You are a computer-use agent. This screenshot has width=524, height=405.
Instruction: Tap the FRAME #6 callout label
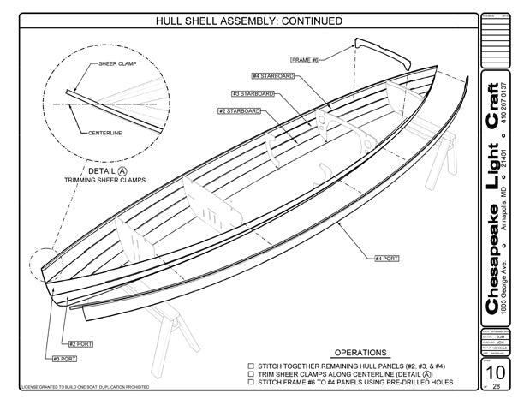(x=305, y=60)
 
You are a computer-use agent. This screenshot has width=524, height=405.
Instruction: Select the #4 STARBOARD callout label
(x=273, y=76)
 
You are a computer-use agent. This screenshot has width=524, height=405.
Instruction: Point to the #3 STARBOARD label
(x=253, y=93)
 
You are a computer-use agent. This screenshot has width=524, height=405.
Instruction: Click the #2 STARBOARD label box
(x=239, y=111)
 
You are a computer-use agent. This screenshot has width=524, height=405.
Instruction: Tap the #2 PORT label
(x=80, y=343)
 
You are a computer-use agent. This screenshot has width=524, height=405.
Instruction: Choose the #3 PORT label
(x=66, y=359)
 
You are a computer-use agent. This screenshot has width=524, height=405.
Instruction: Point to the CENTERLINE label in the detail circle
(x=104, y=133)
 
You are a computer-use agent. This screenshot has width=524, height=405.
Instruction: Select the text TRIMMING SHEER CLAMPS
(x=104, y=181)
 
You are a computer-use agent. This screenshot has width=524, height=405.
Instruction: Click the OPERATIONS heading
(x=360, y=352)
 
